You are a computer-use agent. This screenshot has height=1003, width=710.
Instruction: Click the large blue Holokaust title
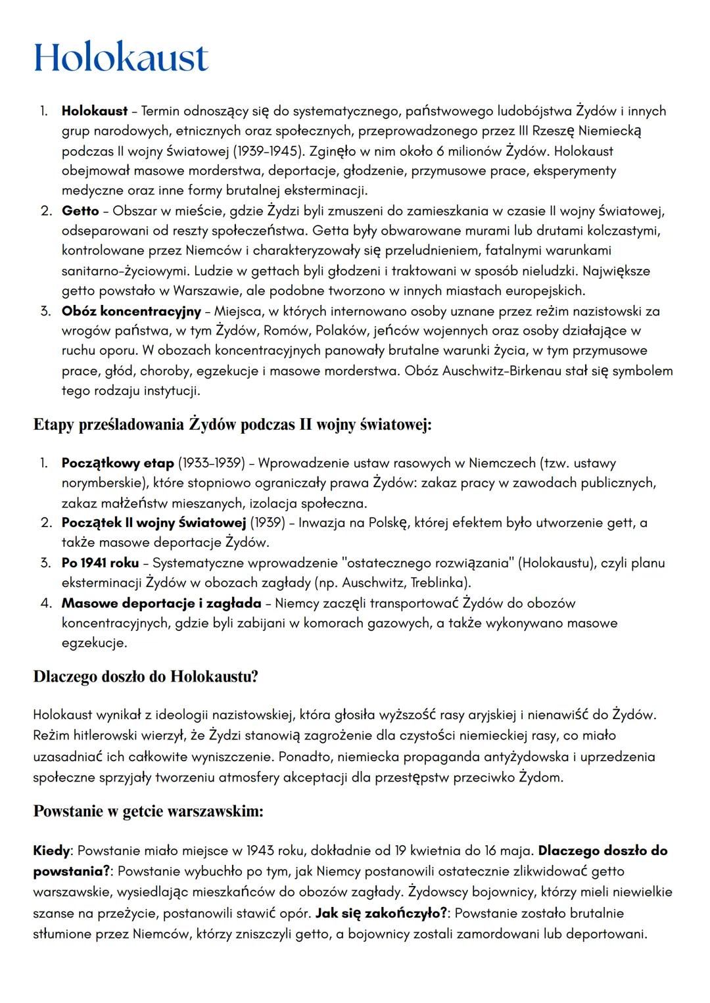coord(121,58)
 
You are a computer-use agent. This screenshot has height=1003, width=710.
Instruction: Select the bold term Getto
coord(80,211)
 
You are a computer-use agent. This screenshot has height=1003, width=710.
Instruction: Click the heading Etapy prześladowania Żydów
coord(232,425)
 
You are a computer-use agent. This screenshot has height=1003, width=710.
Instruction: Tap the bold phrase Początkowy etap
coord(118,463)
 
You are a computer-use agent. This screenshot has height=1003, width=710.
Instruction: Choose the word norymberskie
coord(101,483)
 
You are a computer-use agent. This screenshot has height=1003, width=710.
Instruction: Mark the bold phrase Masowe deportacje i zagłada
coord(161,603)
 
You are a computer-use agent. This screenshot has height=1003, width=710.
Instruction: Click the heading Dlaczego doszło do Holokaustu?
coord(145,676)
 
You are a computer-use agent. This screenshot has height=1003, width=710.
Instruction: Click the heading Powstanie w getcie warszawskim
coord(148,811)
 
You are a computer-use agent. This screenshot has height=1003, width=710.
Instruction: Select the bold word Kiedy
coord(51,851)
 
